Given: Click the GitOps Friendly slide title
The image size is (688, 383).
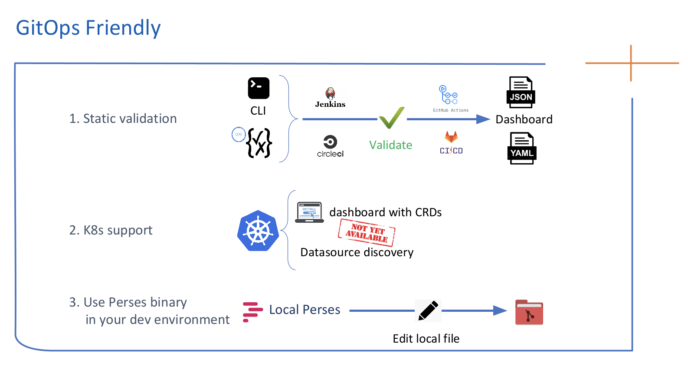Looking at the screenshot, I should click(88, 28).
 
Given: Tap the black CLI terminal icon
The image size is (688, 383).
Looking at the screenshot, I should click(259, 88).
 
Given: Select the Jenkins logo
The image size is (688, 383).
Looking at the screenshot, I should click(330, 98).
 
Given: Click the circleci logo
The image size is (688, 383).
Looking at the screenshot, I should click(330, 146).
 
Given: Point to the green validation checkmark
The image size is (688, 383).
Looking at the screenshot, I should click(391, 118).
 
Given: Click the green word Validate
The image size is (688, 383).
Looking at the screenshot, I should click(390, 145).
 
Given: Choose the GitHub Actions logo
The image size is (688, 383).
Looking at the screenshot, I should click(450, 96).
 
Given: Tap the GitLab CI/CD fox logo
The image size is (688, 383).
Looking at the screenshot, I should click(451, 138).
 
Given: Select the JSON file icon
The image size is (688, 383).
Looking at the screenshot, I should click(521, 92).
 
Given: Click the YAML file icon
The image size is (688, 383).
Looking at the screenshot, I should click(522, 149).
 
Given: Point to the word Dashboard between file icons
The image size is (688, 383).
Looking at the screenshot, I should click(524, 119).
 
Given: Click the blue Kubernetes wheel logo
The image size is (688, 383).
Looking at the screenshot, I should click(258, 231).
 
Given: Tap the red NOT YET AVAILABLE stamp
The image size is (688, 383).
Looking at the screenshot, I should click(367, 233).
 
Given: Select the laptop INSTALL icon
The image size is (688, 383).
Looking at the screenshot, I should click(309, 212).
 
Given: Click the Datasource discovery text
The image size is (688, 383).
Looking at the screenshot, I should click(357, 252).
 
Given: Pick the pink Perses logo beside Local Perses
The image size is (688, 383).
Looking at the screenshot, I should click(252, 312).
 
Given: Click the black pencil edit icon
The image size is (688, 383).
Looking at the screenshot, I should click(428, 310).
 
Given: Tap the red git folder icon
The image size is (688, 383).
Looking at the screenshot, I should click(529, 313).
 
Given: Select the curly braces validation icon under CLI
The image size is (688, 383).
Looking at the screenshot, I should click(259, 143).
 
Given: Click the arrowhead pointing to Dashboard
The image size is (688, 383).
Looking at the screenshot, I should click(483, 119).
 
